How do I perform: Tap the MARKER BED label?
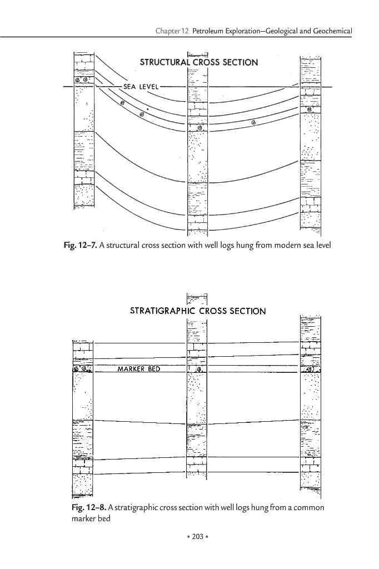point(139,369)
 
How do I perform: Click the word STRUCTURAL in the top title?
point(165,62)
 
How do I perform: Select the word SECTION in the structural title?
point(237,62)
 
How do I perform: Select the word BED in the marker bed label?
point(153,369)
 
